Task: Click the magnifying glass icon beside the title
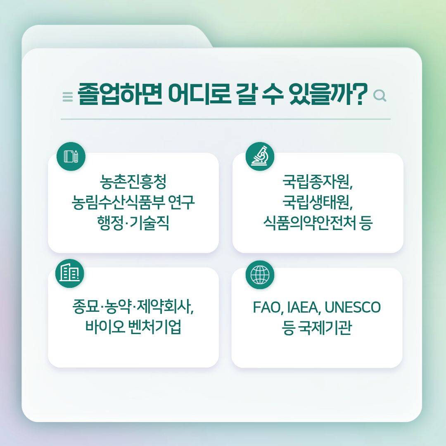point(380,95)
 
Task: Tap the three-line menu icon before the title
point(68,97)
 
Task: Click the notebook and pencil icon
point(71,157)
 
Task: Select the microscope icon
point(260,157)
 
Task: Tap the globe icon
point(260,275)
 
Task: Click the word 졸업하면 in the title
point(120,94)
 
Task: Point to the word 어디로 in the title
point(199,94)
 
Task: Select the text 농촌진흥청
point(133,182)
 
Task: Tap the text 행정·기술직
point(133,223)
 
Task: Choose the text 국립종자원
point(318,182)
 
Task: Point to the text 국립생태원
point(318,202)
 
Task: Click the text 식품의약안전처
point(309,223)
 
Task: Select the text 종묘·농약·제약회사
point(133,307)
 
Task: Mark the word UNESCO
point(352,307)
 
